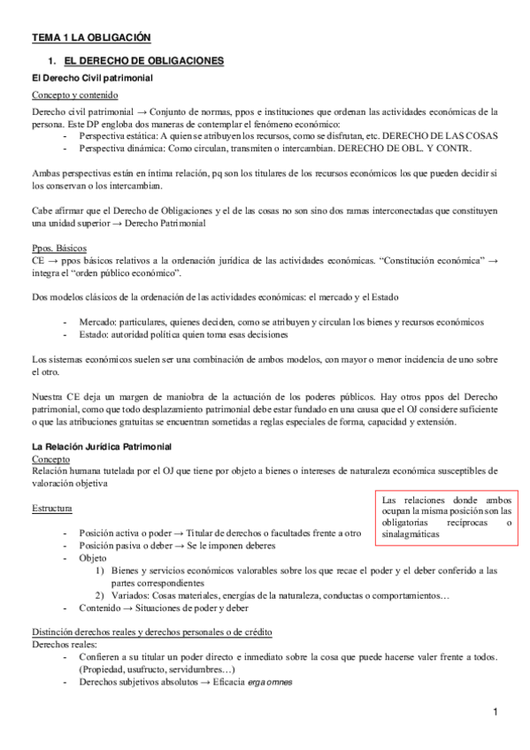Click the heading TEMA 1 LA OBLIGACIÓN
91,37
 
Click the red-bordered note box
447,517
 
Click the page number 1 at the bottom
496,713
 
